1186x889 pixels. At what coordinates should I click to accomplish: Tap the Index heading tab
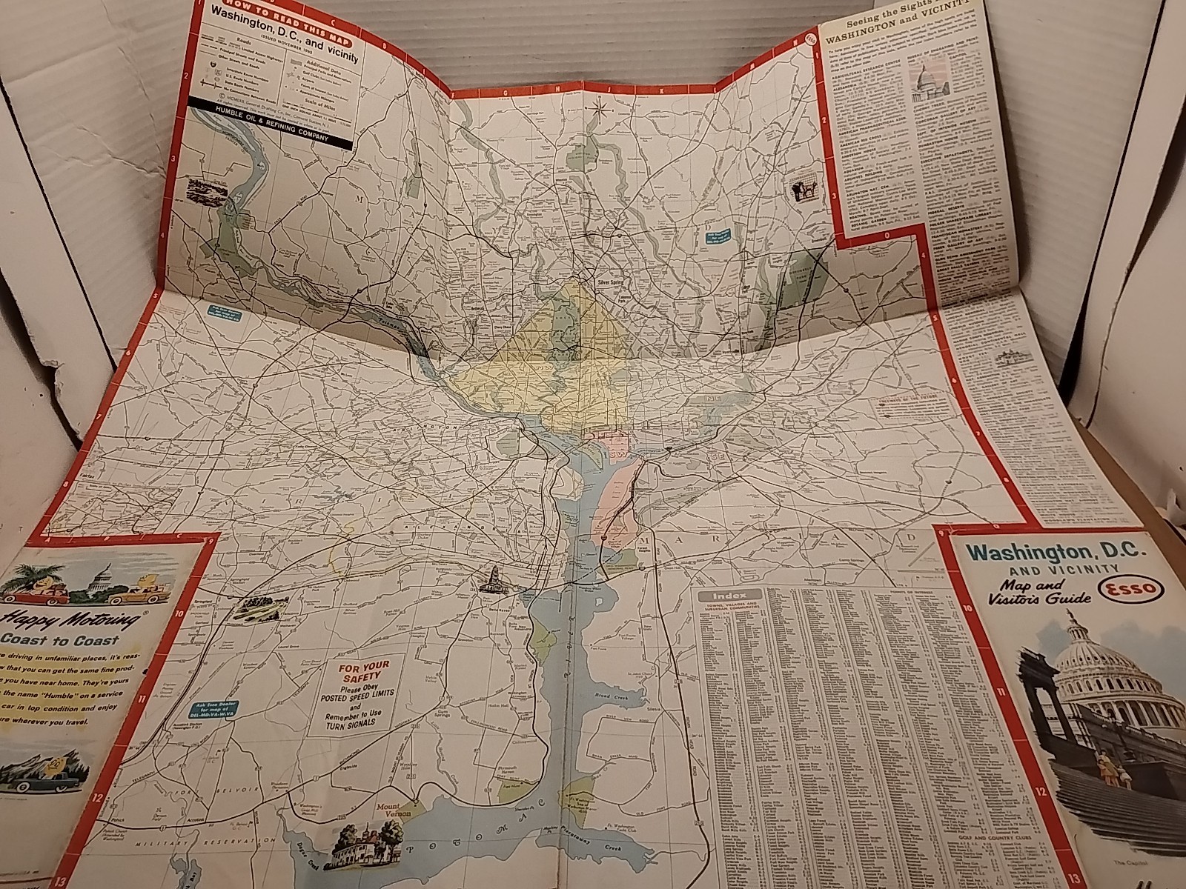coord(728,595)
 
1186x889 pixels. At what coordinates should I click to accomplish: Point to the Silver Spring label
coord(612,282)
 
